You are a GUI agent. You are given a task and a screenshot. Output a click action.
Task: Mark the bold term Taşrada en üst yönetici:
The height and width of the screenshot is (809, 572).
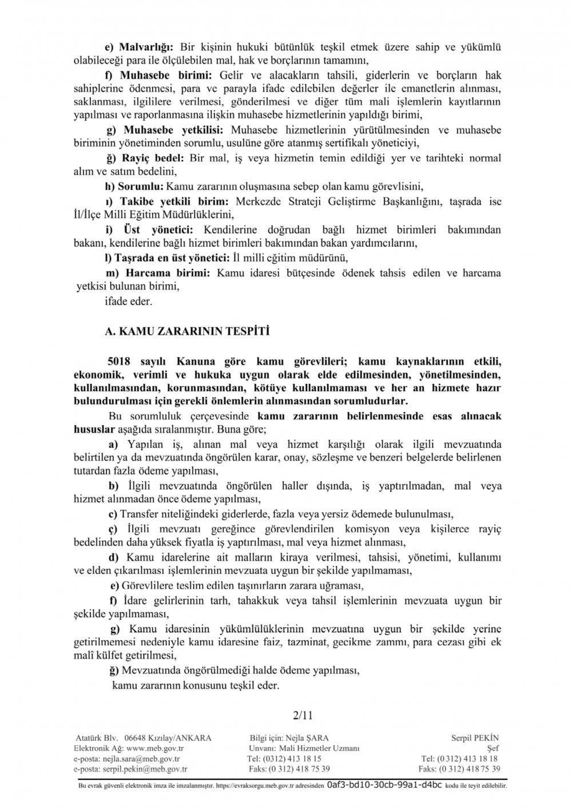click(174, 258)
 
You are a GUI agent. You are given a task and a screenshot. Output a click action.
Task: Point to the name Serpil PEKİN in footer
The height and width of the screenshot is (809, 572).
click(476, 738)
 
